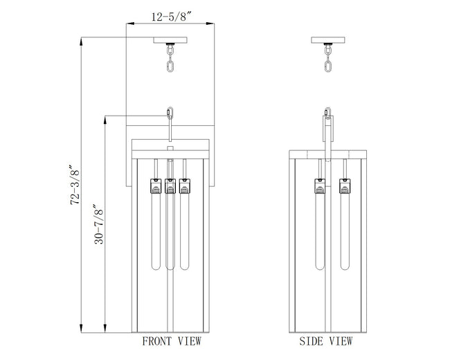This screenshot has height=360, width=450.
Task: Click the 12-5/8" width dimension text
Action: (x=171, y=17)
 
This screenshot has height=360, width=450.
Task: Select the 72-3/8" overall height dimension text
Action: (x=75, y=184)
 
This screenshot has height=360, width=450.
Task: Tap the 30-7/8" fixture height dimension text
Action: (x=99, y=224)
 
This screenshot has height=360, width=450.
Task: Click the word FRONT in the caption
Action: (x=157, y=341)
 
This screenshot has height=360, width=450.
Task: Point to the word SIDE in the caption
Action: (x=311, y=341)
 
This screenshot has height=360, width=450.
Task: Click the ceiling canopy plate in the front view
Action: (x=170, y=40)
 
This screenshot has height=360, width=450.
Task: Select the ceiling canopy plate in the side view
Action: (x=328, y=40)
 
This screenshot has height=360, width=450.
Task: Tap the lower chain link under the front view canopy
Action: (x=170, y=65)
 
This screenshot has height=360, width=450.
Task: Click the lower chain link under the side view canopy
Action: (x=328, y=65)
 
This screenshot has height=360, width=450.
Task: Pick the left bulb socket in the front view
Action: (x=156, y=186)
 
